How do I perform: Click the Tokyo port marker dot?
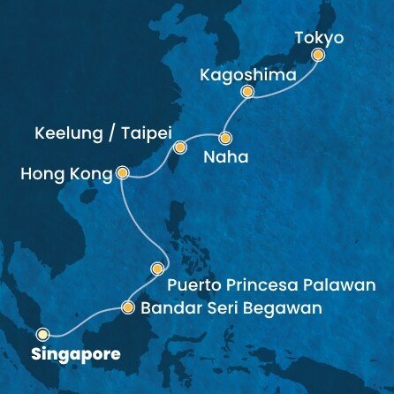[x=319, y=56]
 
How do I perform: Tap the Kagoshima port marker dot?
[x=248, y=91]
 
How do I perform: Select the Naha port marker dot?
[x=225, y=138]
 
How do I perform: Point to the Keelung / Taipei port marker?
[x=179, y=147]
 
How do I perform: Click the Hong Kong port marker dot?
[x=123, y=174]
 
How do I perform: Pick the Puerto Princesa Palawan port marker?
[x=158, y=268]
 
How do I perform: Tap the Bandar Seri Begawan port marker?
[x=128, y=308]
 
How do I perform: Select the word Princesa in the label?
[x=264, y=285]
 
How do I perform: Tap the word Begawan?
[x=282, y=308]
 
